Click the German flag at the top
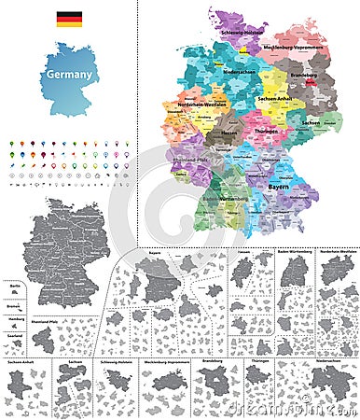tap(68, 19)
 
